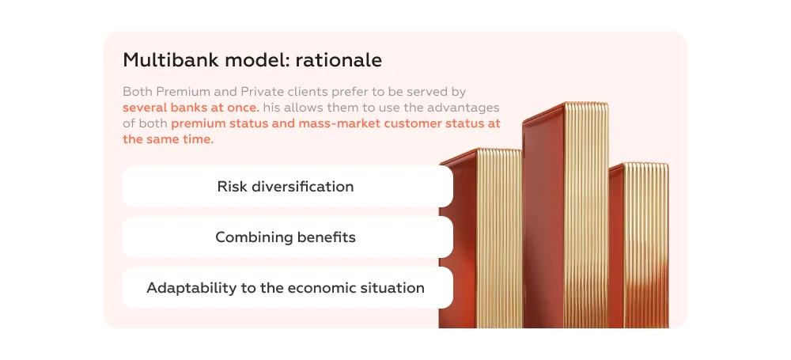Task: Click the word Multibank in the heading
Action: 172,60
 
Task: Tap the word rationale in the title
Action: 339,60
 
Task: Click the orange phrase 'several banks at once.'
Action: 191,108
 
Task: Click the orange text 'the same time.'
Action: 168,139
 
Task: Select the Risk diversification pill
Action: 288,186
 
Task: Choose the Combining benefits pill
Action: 288,237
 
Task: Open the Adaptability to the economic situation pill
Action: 288,288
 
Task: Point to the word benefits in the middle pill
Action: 327,237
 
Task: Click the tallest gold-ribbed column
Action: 566,214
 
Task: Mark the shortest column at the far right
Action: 638,245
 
